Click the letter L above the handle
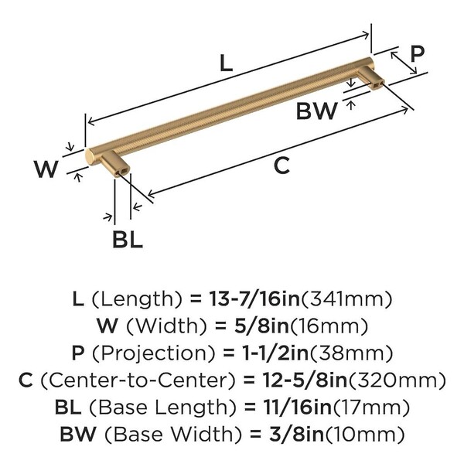(x=227, y=63)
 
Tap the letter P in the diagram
(x=418, y=54)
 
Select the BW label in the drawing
(x=316, y=111)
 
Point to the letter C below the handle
(x=281, y=165)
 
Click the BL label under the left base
(x=128, y=239)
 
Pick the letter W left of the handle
(x=46, y=169)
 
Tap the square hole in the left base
(x=125, y=170)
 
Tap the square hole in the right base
(x=378, y=84)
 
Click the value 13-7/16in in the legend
(x=254, y=299)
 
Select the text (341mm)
(x=346, y=299)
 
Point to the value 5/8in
(x=261, y=326)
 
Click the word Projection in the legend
(x=153, y=353)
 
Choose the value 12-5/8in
(x=305, y=380)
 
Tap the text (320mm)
(x=397, y=380)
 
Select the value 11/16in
(x=298, y=408)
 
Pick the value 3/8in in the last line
(x=296, y=435)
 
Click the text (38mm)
(x=350, y=353)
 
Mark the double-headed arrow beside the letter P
(x=404, y=63)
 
